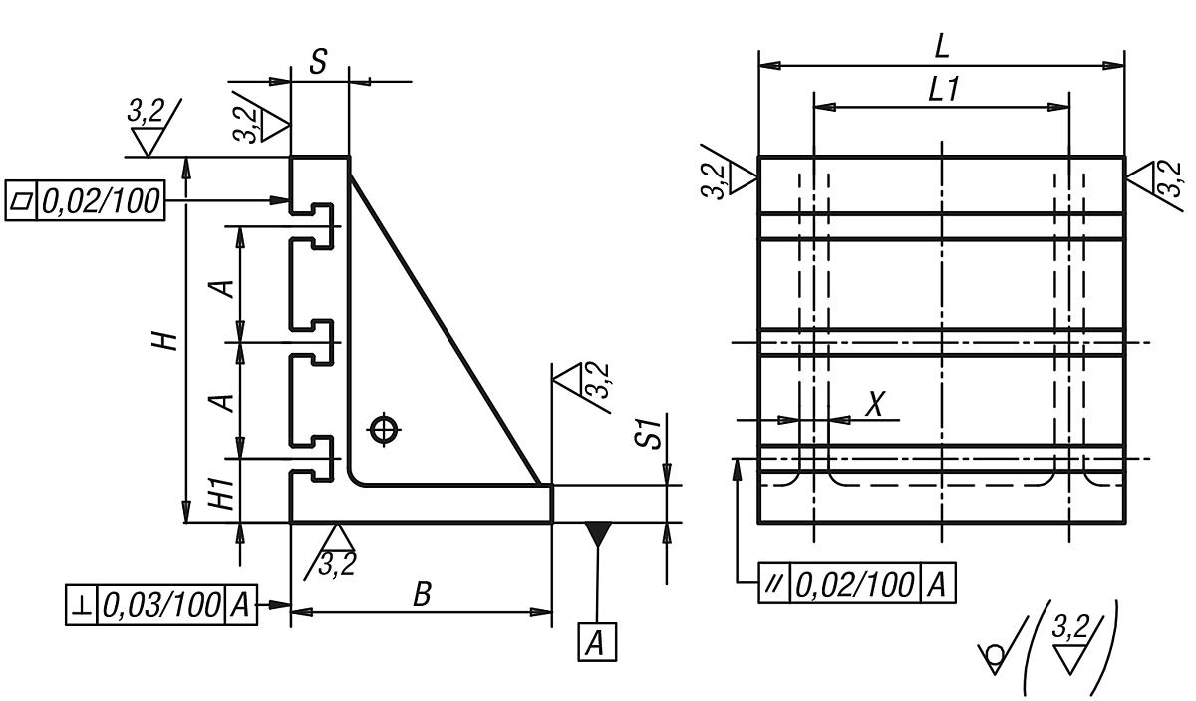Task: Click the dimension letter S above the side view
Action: click(x=317, y=62)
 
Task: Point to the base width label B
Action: click(x=422, y=596)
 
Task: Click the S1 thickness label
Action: click(x=650, y=436)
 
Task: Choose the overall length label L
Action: click(x=941, y=46)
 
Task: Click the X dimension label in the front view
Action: click(x=874, y=404)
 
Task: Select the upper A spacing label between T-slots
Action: click(x=226, y=287)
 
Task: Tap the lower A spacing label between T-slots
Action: click(x=226, y=401)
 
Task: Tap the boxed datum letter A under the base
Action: click(x=596, y=643)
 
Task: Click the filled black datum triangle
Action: click(x=597, y=533)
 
